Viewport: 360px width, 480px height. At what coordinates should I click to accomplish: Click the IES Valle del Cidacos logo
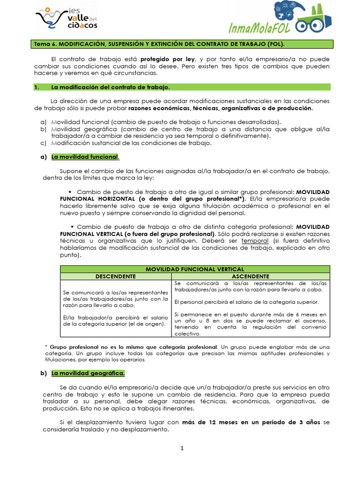[67, 19]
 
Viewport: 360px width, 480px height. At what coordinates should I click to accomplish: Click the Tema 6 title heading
[158, 44]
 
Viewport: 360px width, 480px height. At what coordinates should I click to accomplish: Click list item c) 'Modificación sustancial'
[131, 143]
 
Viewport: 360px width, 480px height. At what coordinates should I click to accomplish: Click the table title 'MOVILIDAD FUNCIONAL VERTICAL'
[195, 269]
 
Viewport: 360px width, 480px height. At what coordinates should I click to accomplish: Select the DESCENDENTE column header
[115, 276]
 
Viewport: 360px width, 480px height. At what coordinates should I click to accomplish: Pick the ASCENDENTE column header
[250, 276]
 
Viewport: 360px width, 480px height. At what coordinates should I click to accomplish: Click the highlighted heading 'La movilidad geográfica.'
[88, 373]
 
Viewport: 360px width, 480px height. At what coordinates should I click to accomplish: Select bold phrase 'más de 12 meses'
[206, 422]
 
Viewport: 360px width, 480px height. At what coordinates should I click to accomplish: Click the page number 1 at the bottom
[182, 449]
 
